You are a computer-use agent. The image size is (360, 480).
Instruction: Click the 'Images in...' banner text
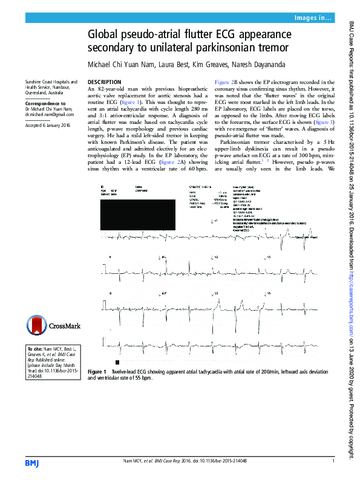[313, 19]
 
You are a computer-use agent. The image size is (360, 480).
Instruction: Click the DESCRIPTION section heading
[105, 82]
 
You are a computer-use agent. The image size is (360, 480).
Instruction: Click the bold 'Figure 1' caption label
[97, 371]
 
